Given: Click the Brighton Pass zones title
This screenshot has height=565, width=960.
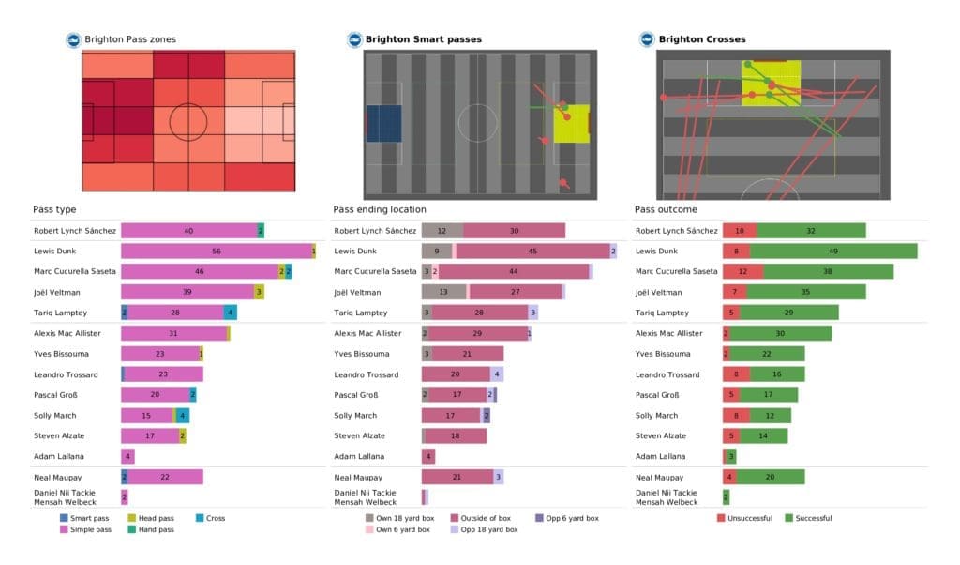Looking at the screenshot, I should click(x=129, y=39).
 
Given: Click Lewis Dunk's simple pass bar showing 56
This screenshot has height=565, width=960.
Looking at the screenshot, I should click(x=216, y=252).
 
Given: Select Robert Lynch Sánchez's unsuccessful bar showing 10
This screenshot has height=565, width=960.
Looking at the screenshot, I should click(x=740, y=231).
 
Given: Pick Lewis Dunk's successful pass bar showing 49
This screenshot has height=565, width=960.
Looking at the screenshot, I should click(x=833, y=252).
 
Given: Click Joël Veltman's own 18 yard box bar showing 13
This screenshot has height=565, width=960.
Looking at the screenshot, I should click(x=443, y=293).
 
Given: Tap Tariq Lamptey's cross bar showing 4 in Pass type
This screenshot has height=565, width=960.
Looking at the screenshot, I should click(x=230, y=313).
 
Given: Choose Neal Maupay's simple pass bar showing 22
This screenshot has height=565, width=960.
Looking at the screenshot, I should click(x=165, y=478).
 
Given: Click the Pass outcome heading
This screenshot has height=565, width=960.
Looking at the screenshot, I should click(x=666, y=210).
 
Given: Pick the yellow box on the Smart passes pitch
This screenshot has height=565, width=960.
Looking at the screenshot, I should click(x=571, y=124).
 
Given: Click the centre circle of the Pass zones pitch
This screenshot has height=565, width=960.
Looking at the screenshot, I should click(x=188, y=122).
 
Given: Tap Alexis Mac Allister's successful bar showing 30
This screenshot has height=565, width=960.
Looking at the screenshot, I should click(x=781, y=333).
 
